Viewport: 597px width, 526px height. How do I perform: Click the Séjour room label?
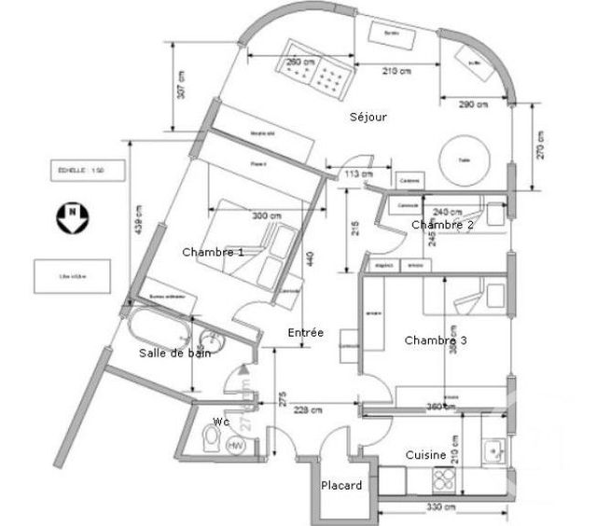point(368,118)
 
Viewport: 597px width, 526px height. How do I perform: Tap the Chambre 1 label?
point(213,252)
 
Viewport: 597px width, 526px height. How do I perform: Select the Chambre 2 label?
point(442,225)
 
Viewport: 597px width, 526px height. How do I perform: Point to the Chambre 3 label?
point(435,340)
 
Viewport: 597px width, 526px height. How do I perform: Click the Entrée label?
point(305,332)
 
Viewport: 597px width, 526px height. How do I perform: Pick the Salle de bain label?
point(174,353)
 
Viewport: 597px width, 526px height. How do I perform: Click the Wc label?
point(220,421)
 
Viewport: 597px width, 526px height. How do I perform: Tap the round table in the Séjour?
point(464,159)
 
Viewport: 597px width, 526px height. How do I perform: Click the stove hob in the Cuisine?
point(444,479)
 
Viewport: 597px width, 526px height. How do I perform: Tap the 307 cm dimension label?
point(183,86)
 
